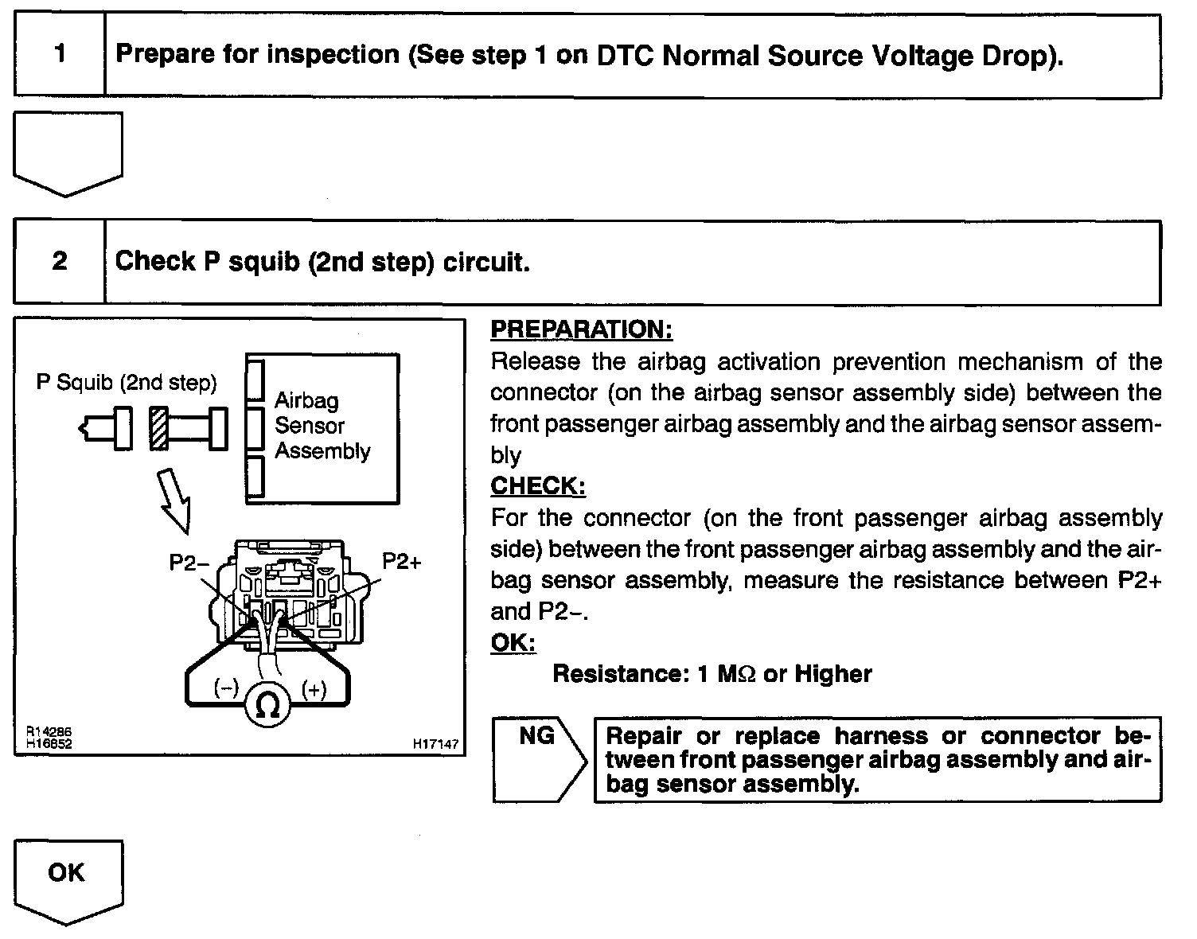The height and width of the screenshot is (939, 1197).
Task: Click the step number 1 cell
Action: [x=60, y=55]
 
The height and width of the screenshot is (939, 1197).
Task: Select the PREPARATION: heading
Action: [x=581, y=329]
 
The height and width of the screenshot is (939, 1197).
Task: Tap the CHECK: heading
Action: [x=538, y=485]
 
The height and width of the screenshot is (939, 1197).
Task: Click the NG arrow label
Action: [x=536, y=735]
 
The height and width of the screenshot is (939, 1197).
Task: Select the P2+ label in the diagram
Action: [x=402, y=562]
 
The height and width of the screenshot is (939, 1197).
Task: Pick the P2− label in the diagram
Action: [x=189, y=563]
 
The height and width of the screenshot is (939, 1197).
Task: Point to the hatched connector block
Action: [x=159, y=430]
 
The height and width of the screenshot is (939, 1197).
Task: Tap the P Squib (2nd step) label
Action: [x=127, y=384]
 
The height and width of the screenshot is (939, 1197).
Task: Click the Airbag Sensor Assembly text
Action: [x=322, y=426]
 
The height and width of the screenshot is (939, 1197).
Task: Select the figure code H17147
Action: [x=435, y=744]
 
